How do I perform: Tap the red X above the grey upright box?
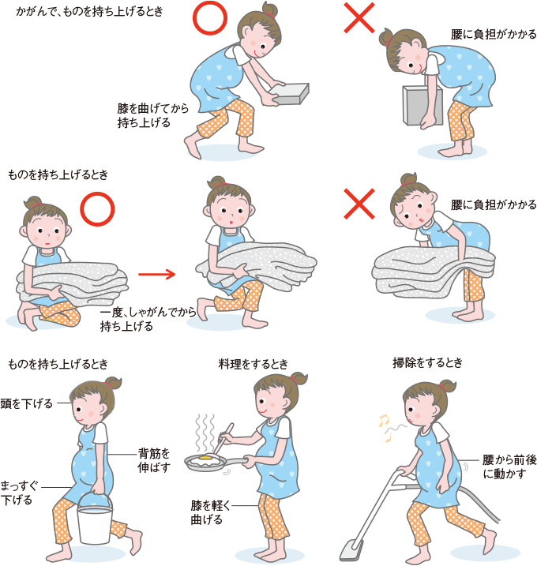point(359,18)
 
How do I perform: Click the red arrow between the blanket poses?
point(156,275)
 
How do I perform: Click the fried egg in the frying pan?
point(205,459)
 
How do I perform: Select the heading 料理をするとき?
point(253,364)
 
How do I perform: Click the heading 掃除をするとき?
point(427,362)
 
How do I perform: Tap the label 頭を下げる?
point(26,403)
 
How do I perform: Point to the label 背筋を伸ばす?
point(154,460)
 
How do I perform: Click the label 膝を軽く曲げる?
point(211,512)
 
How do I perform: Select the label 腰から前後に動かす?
point(509,467)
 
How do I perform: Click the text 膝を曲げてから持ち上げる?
point(152,115)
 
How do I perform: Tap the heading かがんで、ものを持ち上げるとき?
point(89,12)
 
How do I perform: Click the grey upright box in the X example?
point(422,106)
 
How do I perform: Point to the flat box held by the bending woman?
point(290,94)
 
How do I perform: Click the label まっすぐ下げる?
point(19,493)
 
